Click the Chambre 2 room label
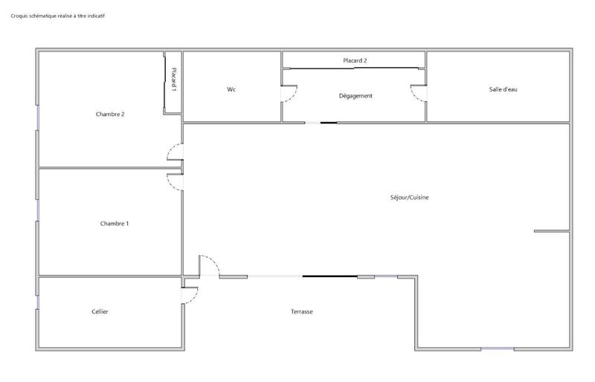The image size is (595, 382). pyautogui.click(x=109, y=114)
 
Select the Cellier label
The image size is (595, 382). pyautogui.click(x=100, y=311)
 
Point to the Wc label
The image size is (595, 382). pyautogui.click(x=231, y=89)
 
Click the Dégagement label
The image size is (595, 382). pyautogui.click(x=355, y=95)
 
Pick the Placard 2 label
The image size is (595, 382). pyautogui.click(x=355, y=60)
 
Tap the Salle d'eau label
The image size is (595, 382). pyautogui.click(x=503, y=89)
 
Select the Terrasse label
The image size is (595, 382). pyautogui.click(x=302, y=311)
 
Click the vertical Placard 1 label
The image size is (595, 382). pyautogui.click(x=173, y=80)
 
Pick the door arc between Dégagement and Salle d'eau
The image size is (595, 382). pyautogui.click(x=417, y=93)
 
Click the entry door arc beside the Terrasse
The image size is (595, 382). pyautogui.click(x=209, y=264)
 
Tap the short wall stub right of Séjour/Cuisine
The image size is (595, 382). pyautogui.click(x=551, y=232)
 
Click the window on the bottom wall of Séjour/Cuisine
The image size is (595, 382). pyautogui.click(x=496, y=348)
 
